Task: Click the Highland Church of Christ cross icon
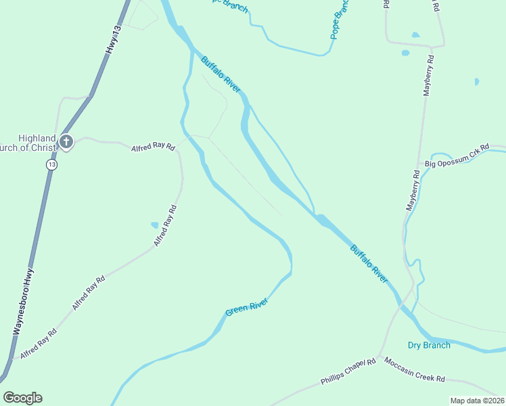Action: [x=66, y=142]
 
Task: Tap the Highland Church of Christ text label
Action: [x=30, y=143]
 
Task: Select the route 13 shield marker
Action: [x=52, y=164]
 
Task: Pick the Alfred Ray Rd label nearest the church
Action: [x=152, y=146]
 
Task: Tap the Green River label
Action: [x=246, y=307]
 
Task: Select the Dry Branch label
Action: [x=429, y=345]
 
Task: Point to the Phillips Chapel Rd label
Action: [x=348, y=373]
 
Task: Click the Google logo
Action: [x=23, y=398]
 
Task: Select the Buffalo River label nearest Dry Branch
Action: [x=369, y=263]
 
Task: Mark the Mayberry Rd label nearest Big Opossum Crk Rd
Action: [x=413, y=191]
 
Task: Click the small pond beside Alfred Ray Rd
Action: [x=155, y=225]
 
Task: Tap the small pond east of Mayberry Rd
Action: [x=477, y=82]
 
